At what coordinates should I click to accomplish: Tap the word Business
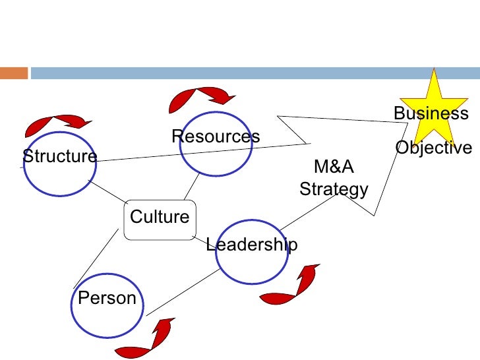coord(431,113)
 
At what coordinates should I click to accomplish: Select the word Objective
coord(434,148)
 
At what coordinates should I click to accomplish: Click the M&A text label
coord(333,165)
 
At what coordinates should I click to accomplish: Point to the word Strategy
coord(334,190)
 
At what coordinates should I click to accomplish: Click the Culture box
coord(160,218)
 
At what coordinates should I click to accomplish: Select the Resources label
coord(216,136)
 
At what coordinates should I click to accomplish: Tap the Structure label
coord(59,157)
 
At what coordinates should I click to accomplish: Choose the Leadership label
coord(251,245)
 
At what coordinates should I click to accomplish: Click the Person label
coord(107,298)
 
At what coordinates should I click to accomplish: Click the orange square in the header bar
coord(13,73)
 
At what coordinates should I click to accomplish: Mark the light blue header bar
coord(251,73)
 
